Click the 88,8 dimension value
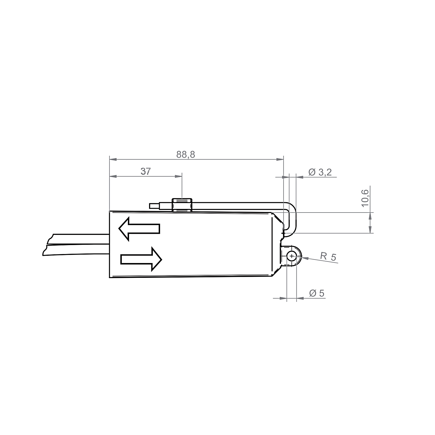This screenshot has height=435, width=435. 186,155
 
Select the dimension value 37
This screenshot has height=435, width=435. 146,172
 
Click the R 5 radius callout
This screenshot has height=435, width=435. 328,257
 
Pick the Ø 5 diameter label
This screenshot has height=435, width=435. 317,293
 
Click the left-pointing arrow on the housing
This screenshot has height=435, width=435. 139,229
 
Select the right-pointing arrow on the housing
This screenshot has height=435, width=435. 141,259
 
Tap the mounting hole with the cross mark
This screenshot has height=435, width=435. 291,256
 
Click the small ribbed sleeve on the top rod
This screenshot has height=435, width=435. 182,205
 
